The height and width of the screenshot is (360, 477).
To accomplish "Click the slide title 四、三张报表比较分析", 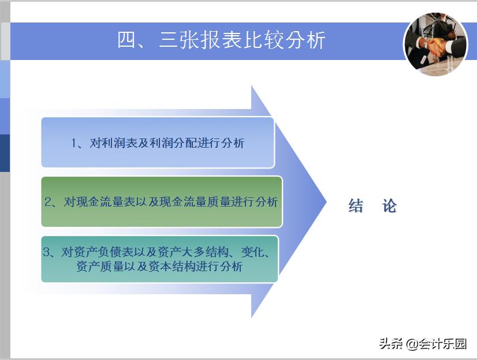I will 222,40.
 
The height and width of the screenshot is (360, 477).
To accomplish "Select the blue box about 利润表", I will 158,142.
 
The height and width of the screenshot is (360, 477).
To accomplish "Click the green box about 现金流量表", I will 162,202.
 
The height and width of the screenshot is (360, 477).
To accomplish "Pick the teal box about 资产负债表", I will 159,259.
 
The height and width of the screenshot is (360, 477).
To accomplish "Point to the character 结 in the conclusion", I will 356,206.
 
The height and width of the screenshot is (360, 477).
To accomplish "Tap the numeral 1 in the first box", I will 74,143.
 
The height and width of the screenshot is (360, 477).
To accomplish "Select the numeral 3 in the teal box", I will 47,252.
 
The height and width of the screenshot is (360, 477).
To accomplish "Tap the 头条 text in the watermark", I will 391,344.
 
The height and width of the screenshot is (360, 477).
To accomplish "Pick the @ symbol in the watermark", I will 411,344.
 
